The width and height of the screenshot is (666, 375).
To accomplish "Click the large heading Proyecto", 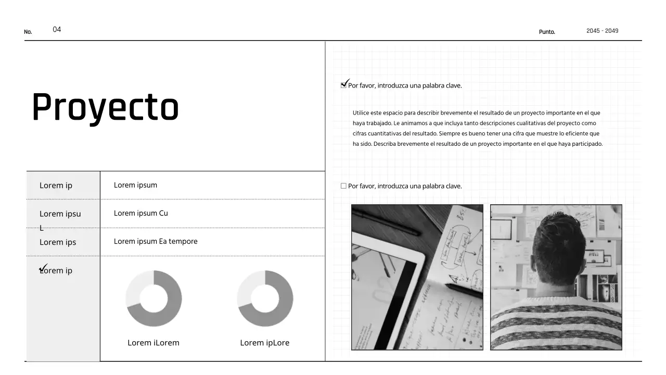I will (x=105, y=108).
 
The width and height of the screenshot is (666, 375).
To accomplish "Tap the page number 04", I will (x=57, y=30).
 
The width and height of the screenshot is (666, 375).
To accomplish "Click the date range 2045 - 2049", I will (x=602, y=31).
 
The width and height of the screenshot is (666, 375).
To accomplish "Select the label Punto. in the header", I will (x=547, y=32).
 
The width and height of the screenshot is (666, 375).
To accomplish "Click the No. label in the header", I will (x=28, y=32).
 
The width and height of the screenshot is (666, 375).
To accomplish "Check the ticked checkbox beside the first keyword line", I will (x=344, y=85).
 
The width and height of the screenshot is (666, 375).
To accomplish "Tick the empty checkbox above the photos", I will (x=343, y=186).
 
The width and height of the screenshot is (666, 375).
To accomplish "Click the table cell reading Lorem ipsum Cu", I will (x=140, y=213).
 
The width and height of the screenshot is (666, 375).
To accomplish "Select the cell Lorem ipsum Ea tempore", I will (x=156, y=241).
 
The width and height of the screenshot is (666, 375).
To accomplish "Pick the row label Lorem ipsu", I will (x=60, y=214).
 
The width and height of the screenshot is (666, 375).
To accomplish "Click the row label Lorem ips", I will (x=58, y=242).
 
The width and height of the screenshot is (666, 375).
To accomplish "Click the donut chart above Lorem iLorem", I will (x=153, y=298).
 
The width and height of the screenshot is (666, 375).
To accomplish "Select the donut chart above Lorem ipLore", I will (x=265, y=298).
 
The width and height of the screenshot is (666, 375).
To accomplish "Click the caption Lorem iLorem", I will (x=153, y=343).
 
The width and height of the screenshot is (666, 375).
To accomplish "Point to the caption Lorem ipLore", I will (x=264, y=343).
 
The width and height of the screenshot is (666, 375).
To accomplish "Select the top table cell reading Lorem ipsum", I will (x=135, y=185).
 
